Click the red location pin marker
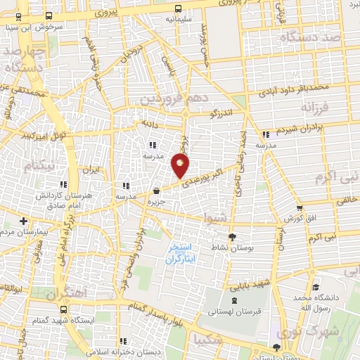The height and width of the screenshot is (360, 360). tap(180, 166)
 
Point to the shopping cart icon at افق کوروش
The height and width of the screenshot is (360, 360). tap(300, 207)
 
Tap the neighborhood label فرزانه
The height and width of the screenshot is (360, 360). tap(316, 108)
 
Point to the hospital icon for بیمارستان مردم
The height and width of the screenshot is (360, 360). tap(23, 221)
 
